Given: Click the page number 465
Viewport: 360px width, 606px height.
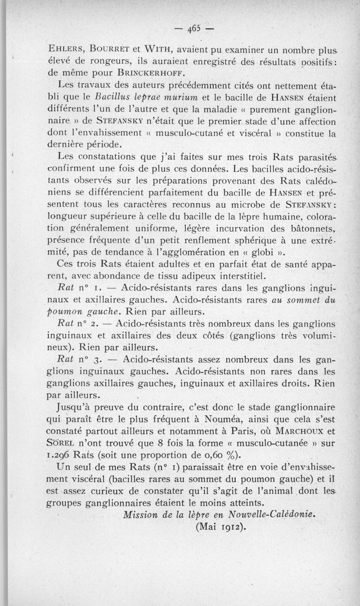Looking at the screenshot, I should pos(194,29).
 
